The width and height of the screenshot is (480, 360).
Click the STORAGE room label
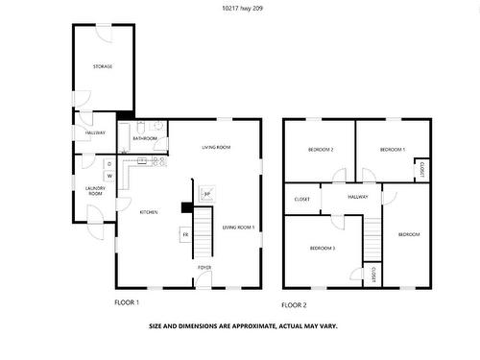point(103,66)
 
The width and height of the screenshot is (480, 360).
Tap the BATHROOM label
point(145,139)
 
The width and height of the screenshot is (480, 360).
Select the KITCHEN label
point(149,211)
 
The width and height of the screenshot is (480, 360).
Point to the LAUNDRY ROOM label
point(94,191)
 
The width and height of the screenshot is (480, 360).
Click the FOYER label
point(204,267)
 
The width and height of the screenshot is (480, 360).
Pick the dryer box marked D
point(109,163)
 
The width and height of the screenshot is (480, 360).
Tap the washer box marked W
point(109,176)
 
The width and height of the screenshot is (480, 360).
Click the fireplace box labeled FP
point(205,194)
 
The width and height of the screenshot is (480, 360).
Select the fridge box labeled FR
point(185,234)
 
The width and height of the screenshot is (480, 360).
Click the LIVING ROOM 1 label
point(239,228)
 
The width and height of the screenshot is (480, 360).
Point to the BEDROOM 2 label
point(321,150)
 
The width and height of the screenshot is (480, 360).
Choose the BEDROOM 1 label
point(392,150)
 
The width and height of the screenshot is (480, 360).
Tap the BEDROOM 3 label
point(323,248)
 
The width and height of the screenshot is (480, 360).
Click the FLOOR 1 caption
point(127,302)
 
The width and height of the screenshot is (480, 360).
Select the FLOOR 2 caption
point(294,304)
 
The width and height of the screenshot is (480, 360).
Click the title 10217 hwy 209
point(239,9)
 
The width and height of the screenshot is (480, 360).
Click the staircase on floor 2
point(374,240)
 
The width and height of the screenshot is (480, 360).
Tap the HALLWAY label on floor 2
point(358,197)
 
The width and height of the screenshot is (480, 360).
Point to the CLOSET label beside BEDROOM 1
point(420,169)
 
